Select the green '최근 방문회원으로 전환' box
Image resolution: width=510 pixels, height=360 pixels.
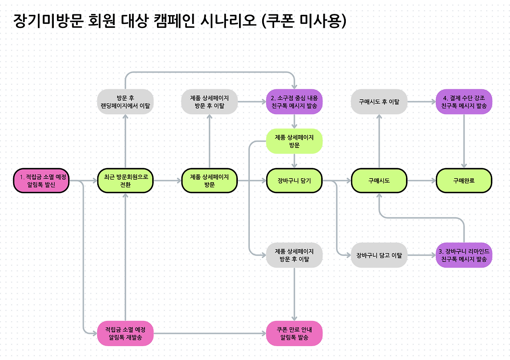(x=126, y=181)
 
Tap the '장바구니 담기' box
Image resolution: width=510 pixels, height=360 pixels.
(x=294, y=181)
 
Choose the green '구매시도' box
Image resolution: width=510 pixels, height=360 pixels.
(x=379, y=181)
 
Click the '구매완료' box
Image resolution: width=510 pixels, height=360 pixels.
(x=464, y=181)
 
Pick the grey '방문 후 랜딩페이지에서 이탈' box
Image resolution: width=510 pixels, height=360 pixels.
(x=126, y=102)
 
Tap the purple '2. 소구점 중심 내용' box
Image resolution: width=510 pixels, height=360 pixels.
(x=294, y=102)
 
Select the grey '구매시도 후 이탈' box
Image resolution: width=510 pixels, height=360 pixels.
(x=379, y=102)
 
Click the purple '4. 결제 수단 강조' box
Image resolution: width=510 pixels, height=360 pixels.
(x=464, y=102)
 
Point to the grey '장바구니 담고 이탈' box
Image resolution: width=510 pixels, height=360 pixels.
(x=379, y=255)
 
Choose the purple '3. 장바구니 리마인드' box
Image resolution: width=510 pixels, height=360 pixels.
(x=464, y=255)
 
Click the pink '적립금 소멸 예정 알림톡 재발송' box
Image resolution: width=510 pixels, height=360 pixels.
(x=126, y=333)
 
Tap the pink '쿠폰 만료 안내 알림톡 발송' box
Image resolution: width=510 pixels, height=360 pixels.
(x=294, y=333)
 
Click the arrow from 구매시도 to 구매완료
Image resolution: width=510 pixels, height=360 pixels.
(x=422, y=181)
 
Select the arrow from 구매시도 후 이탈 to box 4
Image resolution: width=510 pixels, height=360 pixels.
(x=422, y=102)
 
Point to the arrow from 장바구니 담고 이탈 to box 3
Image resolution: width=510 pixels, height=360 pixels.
(x=422, y=255)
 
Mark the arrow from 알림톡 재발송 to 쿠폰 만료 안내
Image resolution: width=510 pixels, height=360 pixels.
(x=210, y=333)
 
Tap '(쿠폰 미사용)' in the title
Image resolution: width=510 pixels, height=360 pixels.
(x=304, y=21)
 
